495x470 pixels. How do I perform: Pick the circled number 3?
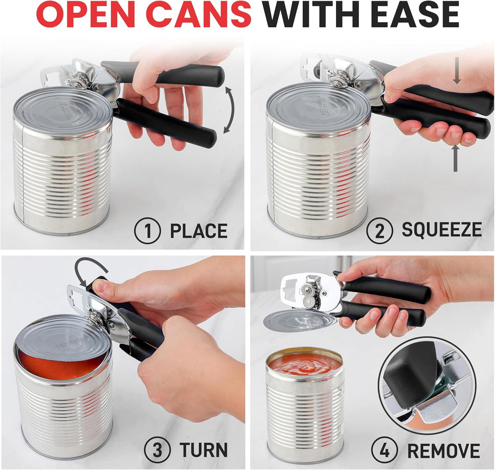[157, 450]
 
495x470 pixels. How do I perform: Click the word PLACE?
[198, 231]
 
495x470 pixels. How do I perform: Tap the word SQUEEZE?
[441, 230]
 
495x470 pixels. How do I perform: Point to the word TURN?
[204, 450]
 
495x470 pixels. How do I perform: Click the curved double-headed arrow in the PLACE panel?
[229, 110]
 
